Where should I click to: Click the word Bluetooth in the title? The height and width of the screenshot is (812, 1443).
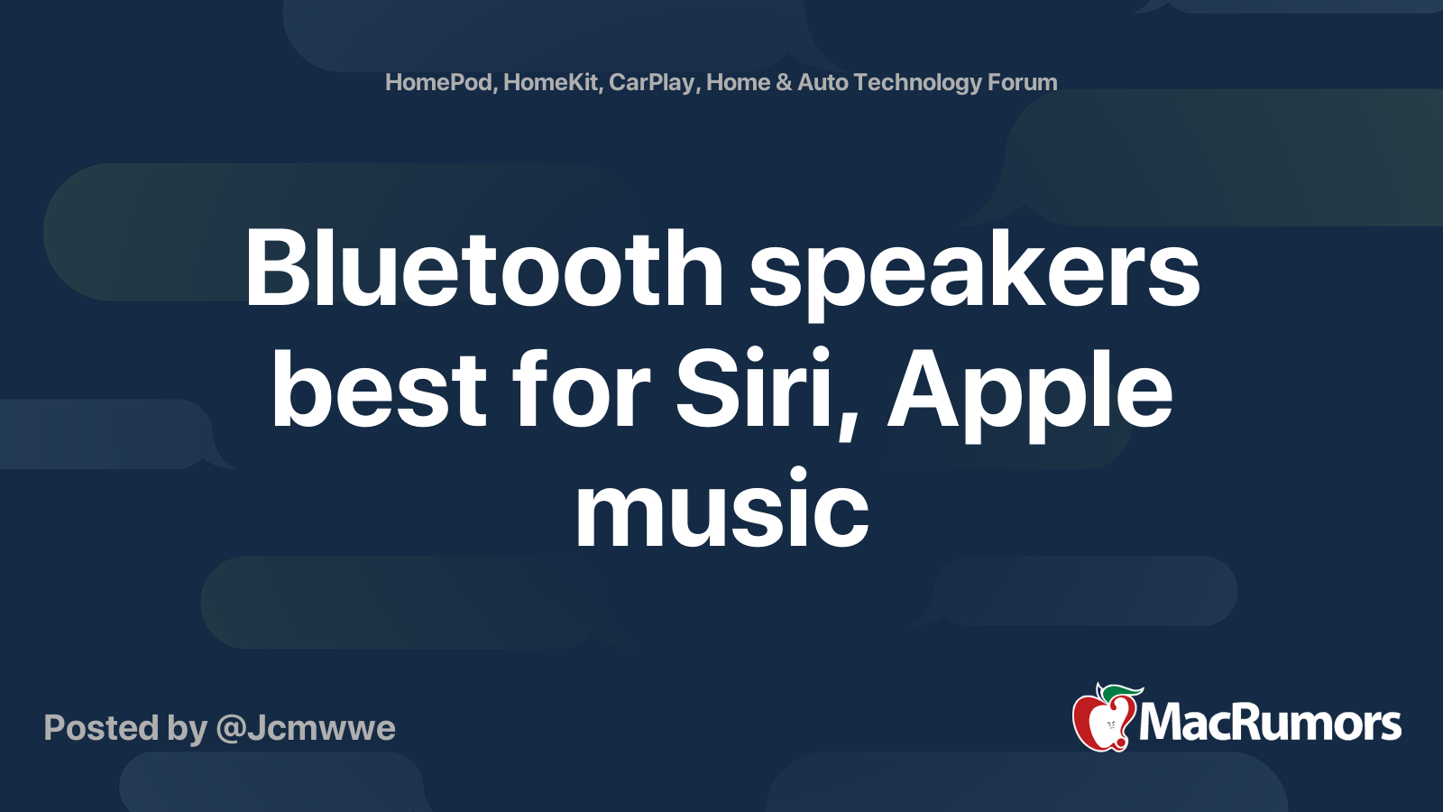483,269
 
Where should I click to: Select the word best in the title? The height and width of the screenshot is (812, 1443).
379,391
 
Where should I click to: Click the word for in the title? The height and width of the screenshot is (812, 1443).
581,391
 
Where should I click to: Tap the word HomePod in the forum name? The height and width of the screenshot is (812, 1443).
438,83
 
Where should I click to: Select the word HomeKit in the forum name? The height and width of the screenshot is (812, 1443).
551,83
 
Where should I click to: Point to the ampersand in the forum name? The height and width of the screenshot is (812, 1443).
784,83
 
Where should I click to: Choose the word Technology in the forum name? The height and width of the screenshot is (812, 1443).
917,83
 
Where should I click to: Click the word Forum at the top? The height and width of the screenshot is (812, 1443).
1022,83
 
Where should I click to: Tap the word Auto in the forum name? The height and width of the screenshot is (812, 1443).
823,83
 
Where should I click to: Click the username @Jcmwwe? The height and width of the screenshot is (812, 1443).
306,728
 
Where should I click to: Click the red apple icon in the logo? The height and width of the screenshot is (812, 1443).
1101,723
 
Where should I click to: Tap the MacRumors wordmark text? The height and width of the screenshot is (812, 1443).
1270,724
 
